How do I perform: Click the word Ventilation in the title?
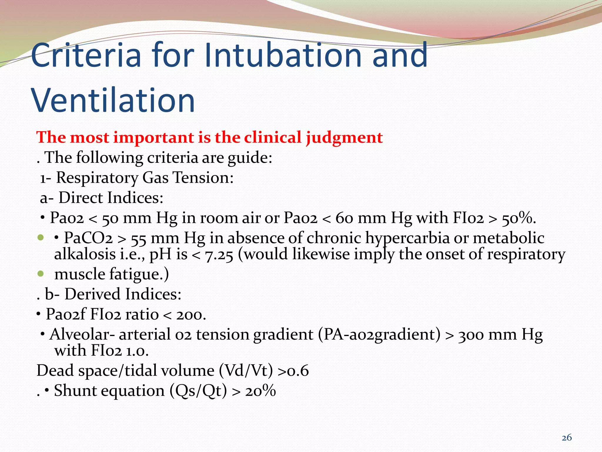(113, 101)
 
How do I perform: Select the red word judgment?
(344, 138)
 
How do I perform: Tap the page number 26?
(566, 438)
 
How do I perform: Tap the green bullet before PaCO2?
(41, 237)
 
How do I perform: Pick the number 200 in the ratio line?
(190, 315)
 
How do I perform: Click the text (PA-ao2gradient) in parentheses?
(379, 335)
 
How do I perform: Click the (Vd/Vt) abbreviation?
(246, 370)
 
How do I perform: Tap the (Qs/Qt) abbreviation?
(198, 391)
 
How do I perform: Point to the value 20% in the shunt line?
(260, 391)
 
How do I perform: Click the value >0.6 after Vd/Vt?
(293, 371)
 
